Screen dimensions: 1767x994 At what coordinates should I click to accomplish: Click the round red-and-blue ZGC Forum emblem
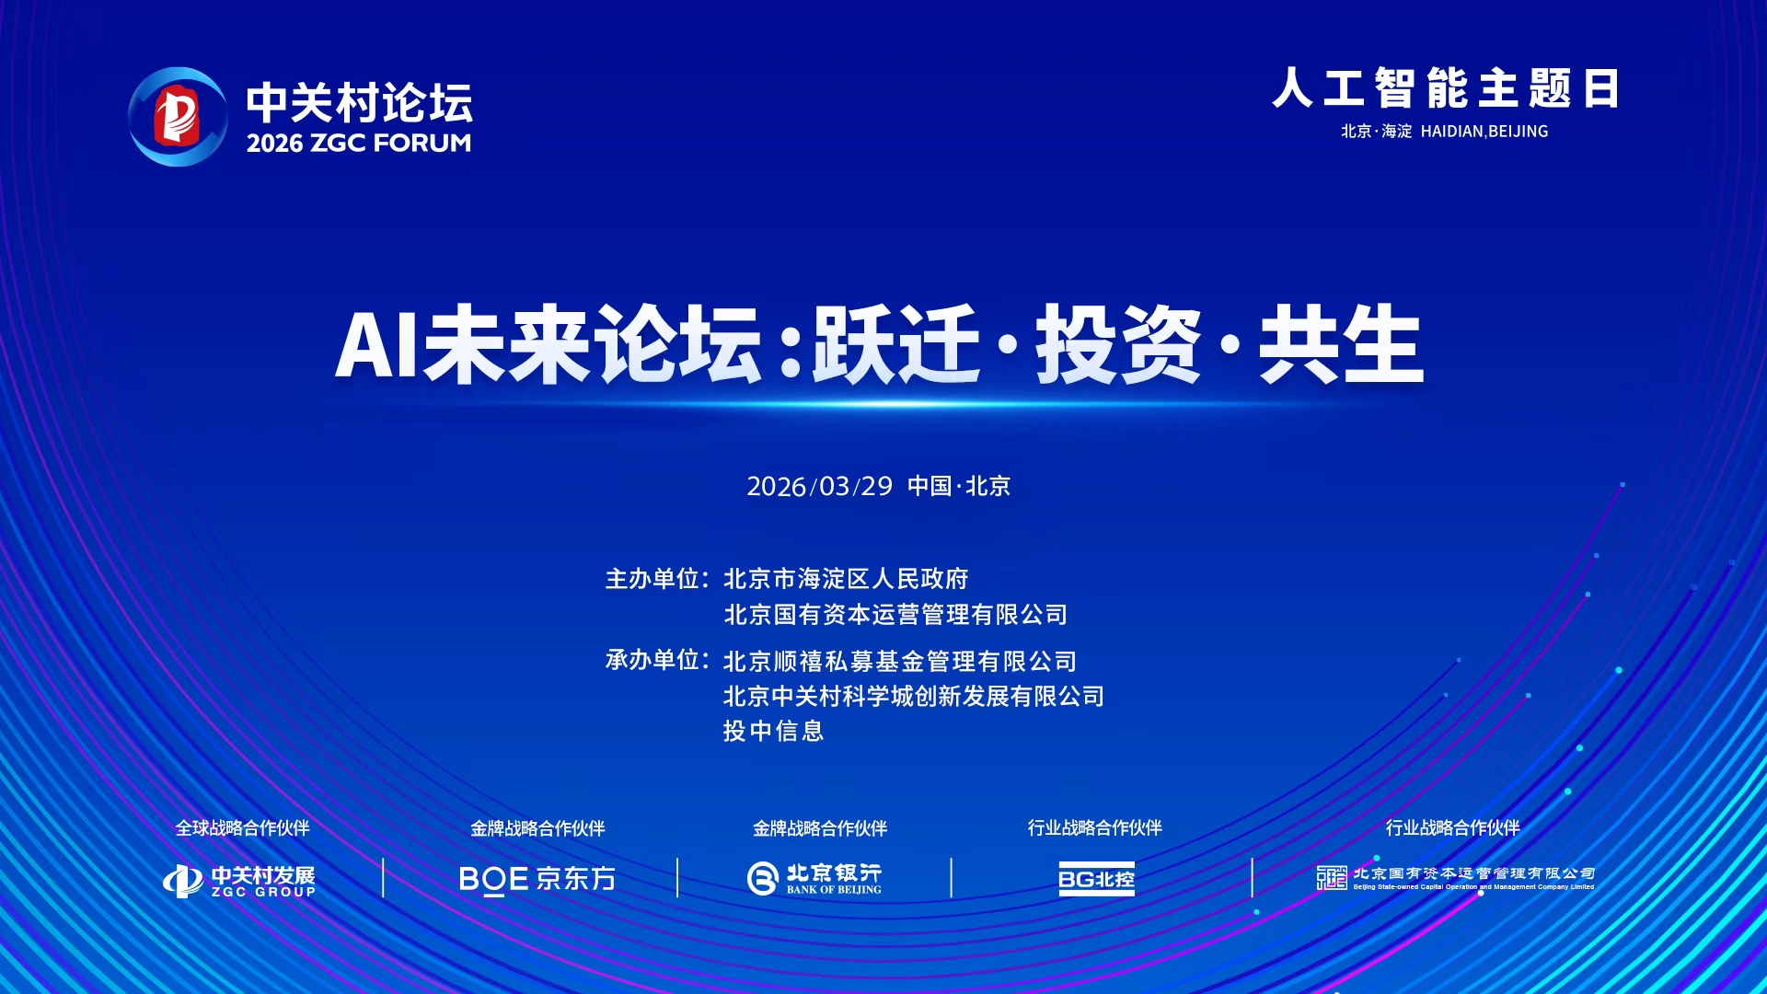[178, 116]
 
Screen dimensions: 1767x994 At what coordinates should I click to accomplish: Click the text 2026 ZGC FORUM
[359, 143]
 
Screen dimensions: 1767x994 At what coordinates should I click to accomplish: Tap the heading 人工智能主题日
[1445, 88]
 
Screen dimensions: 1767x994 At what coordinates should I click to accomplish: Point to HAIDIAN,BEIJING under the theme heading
[1484, 132]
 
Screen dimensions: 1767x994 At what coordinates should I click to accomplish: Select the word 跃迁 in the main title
[895, 345]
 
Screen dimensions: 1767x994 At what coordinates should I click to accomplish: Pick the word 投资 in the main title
[1118, 345]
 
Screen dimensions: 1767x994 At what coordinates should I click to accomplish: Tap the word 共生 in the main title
[1341, 345]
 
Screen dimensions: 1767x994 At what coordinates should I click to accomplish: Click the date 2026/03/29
[819, 486]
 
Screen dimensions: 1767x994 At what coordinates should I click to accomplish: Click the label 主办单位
[653, 579]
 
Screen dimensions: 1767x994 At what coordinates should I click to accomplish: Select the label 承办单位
[653, 660]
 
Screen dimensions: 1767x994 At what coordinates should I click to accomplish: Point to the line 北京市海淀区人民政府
[846, 579]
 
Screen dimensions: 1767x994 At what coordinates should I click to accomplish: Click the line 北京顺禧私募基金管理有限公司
[900, 662]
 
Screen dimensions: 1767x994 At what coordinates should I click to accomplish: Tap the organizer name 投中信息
[773, 731]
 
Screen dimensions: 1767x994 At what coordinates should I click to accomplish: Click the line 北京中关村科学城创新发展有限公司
[914, 696]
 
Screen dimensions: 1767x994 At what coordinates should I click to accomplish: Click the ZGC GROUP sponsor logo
[239, 881]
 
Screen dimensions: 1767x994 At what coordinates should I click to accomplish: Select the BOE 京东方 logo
[537, 879]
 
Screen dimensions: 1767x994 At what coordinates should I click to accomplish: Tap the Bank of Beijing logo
[814, 878]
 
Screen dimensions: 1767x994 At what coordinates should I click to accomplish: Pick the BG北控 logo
[1096, 879]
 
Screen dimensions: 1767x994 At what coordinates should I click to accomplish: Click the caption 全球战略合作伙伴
[243, 828]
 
